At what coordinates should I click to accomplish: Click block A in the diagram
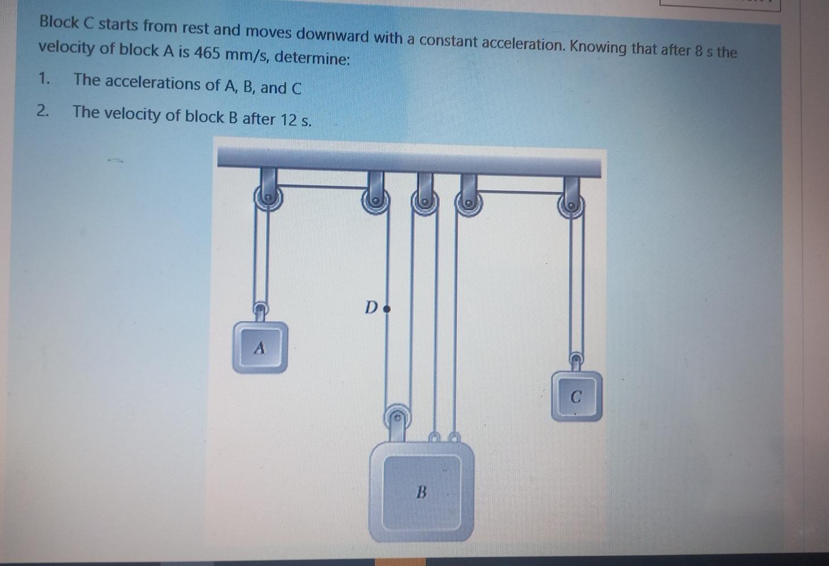click(x=260, y=347)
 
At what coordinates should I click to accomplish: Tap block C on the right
click(x=576, y=396)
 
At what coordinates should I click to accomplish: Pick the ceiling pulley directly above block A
click(x=267, y=200)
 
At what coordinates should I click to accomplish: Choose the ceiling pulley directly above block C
click(x=573, y=206)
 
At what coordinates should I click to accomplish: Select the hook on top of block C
click(x=576, y=360)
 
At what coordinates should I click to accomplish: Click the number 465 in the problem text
click(x=208, y=53)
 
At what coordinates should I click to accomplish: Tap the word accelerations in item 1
click(x=153, y=84)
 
